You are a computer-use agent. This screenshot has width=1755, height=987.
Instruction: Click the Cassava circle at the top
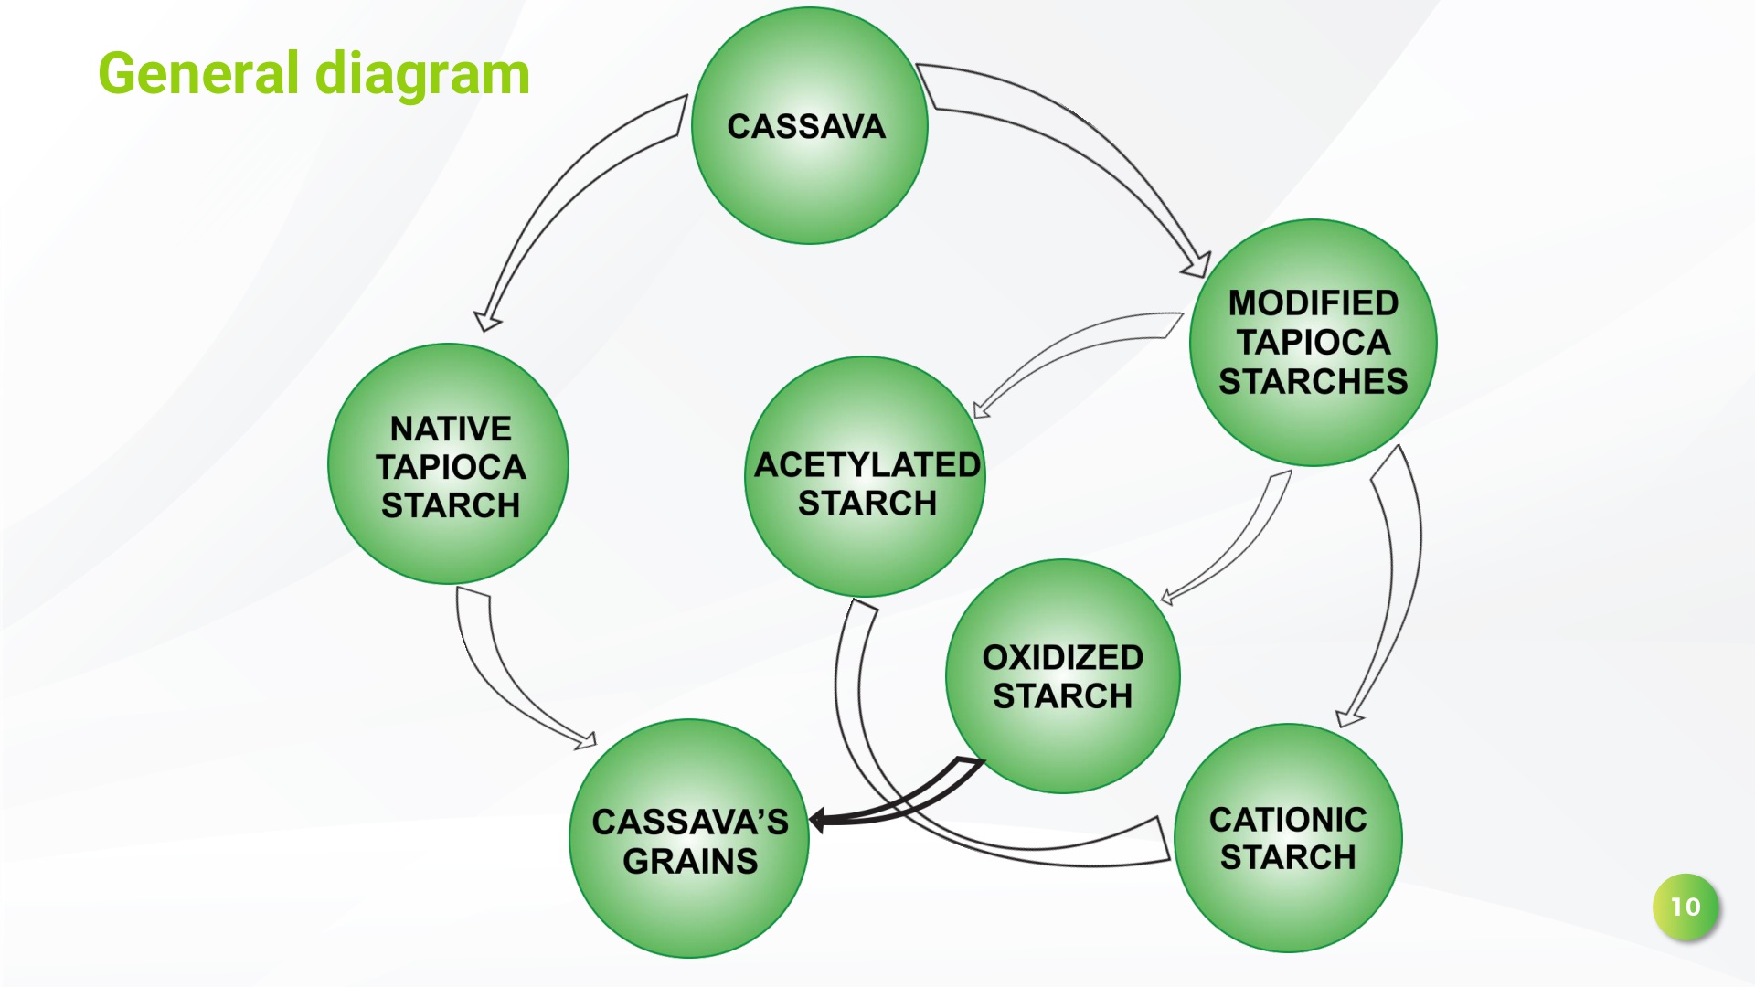[x=810, y=126]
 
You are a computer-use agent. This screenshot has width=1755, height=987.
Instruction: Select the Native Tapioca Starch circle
[x=448, y=463]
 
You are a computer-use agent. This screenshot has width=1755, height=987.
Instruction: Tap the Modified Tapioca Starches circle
[x=1314, y=343]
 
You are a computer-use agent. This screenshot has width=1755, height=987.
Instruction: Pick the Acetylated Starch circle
[x=865, y=477]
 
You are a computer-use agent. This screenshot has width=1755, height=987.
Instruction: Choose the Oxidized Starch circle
[x=1063, y=676]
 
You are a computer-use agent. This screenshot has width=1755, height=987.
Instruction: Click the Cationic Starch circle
[x=1288, y=838]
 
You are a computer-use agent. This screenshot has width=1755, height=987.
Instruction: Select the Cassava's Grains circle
[x=689, y=839]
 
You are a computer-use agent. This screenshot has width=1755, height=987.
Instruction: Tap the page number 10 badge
[x=1686, y=907]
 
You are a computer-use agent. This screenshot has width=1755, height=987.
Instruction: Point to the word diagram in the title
[x=422, y=75]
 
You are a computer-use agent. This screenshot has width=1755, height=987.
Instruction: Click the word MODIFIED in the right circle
[x=1314, y=302]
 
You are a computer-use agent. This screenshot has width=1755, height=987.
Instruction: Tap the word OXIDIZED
[x=1063, y=657]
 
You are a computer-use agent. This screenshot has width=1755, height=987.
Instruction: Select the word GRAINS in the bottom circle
[x=690, y=861]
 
